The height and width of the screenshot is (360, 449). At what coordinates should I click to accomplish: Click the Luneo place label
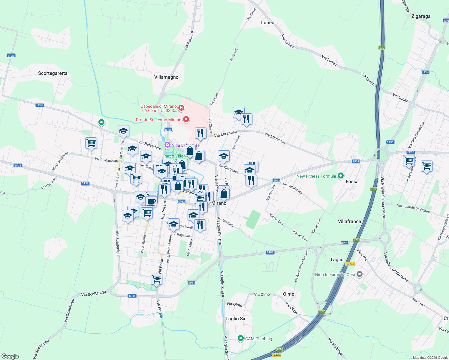[267, 22]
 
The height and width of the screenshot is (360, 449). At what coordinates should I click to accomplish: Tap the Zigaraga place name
[421, 16]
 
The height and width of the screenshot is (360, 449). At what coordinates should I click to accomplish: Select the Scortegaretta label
[53, 73]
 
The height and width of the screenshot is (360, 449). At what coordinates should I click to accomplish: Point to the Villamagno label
[166, 77]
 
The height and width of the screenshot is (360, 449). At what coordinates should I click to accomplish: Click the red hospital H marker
[181, 107]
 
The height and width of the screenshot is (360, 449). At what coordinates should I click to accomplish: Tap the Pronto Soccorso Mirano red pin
[186, 119]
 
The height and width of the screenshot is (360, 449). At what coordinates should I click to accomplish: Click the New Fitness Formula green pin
[340, 176]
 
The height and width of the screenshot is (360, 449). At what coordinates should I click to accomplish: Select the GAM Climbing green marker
[240, 338]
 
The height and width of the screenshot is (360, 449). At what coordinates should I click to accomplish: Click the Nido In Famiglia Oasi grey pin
[360, 274]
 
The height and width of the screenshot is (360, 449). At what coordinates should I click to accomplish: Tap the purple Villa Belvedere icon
[167, 145]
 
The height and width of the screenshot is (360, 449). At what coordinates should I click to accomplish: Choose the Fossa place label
[352, 181]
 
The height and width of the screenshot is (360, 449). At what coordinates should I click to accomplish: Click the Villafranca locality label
[349, 221]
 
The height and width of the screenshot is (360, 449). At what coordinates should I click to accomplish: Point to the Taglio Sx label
[235, 319]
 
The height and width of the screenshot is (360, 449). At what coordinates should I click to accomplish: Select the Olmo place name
[288, 294]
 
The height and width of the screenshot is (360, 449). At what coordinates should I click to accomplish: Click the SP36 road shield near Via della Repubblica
[390, 142]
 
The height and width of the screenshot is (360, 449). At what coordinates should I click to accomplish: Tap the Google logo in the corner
[10, 356]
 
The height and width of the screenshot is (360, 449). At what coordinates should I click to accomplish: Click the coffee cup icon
[151, 201]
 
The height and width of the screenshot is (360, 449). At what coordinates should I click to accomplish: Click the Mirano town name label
[219, 203]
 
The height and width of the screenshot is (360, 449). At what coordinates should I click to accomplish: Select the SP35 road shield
[168, 130]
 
